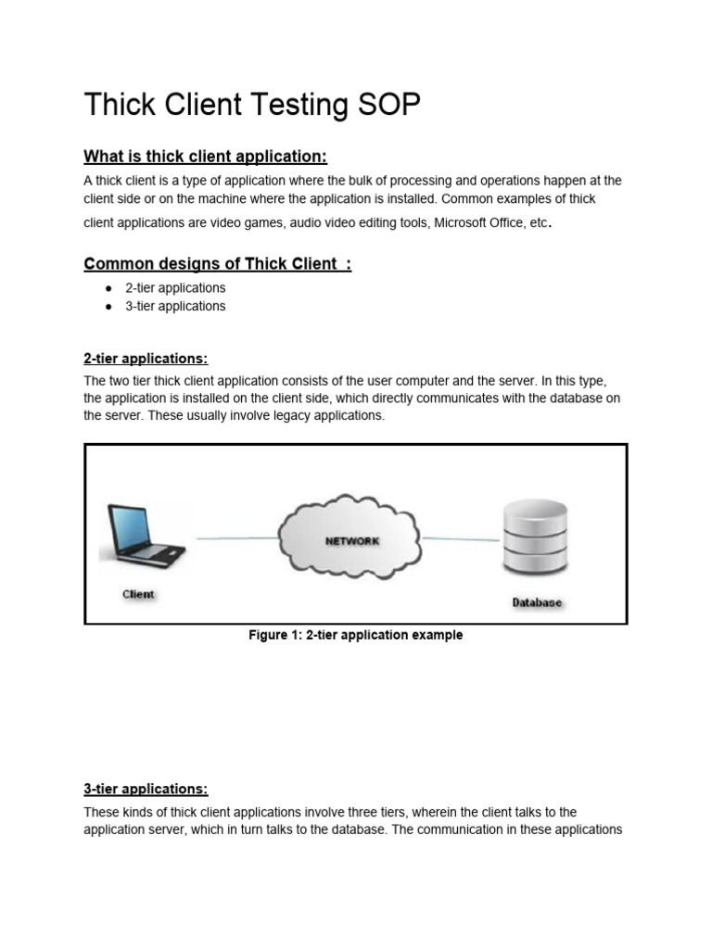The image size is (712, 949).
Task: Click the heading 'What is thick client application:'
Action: tap(206, 155)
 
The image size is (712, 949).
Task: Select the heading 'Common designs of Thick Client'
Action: tap(217, 264)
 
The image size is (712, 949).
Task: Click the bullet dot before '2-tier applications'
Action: tap(109, 288)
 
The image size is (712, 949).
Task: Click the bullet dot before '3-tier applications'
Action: tap(109, 306)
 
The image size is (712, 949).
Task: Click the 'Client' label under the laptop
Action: tap(139, 594)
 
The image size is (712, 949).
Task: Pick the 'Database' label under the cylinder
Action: tap(537, 602)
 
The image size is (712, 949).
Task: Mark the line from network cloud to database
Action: tap(462, 538)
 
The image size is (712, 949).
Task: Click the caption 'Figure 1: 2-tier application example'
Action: tap(355, 636)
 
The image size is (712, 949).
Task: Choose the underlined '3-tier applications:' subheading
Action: tap(146, 789)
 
